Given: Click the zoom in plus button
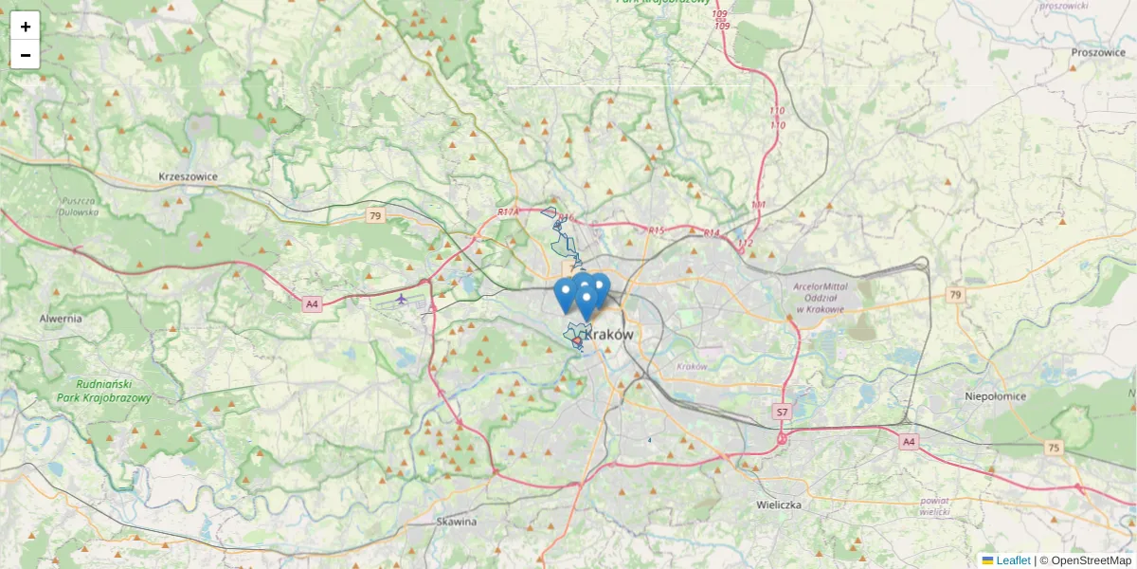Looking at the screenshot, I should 26,27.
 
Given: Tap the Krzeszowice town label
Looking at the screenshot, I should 189,176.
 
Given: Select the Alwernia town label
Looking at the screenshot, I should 61,319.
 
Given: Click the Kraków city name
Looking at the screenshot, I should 609,335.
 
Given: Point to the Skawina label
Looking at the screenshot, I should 457,522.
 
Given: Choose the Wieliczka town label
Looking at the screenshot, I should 779,505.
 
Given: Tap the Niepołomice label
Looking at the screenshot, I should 996,396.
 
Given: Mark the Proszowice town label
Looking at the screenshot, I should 1097,53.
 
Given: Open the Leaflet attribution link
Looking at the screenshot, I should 1013,560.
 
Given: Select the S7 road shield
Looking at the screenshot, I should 782,412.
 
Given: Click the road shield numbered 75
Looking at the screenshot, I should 1055,447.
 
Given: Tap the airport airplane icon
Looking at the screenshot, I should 402,300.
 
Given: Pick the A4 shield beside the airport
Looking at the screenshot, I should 313,304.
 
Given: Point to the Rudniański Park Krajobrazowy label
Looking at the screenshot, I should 103,392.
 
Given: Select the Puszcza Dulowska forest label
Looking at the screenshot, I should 80,206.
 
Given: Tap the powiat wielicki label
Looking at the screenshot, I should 934,505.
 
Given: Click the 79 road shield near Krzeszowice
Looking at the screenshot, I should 375,216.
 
